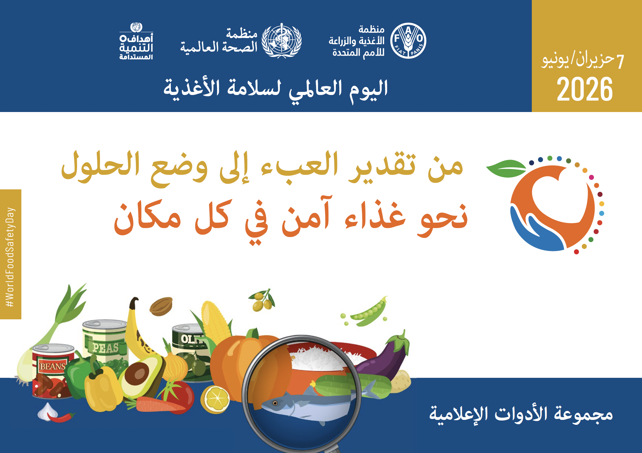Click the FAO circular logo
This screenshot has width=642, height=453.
(x=408, y=41)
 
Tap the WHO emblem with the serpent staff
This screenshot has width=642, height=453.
(x=281, y=41)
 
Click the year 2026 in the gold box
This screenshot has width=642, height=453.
(x=585, y=89)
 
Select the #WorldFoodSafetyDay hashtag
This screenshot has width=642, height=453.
(x=10, y=257)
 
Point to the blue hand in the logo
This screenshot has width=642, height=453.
(x=536, y=231)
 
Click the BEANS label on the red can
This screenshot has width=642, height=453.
(x=52, y=366)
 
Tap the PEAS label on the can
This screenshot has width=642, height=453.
(x=106, y=348)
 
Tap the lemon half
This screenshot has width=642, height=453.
(x=215, y=399)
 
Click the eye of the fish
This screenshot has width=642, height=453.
(x=275, y=403)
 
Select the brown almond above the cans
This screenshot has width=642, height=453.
(x=161, y=306)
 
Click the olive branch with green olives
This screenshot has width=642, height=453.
(x=262, y=300)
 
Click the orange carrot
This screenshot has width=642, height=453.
(x=158, y=405)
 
